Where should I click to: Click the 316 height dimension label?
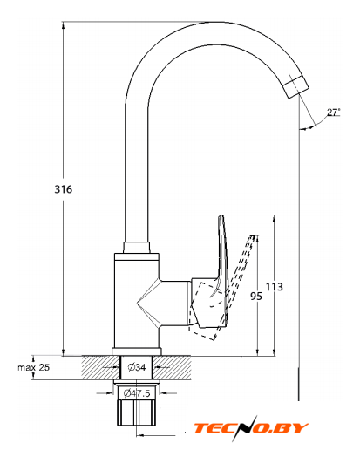pyautogui.click(x=64, y=189)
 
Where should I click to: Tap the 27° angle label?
pyautogui.click(x=333, y=113)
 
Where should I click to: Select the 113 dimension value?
pyautogui.click(x=275, y=287)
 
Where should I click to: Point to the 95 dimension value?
pyautogui.click(x=256, y=297)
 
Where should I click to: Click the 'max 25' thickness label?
pyautogui.click(x=33, y=367)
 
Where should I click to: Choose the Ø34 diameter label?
pyautogui.click(x=137, y=367)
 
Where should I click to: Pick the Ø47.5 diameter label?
pyautogui.click(x=137, y=393)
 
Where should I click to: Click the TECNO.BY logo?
pyautogui.click(x=251, y=428)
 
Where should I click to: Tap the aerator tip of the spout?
pyautogui.click(x=295, y=86)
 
